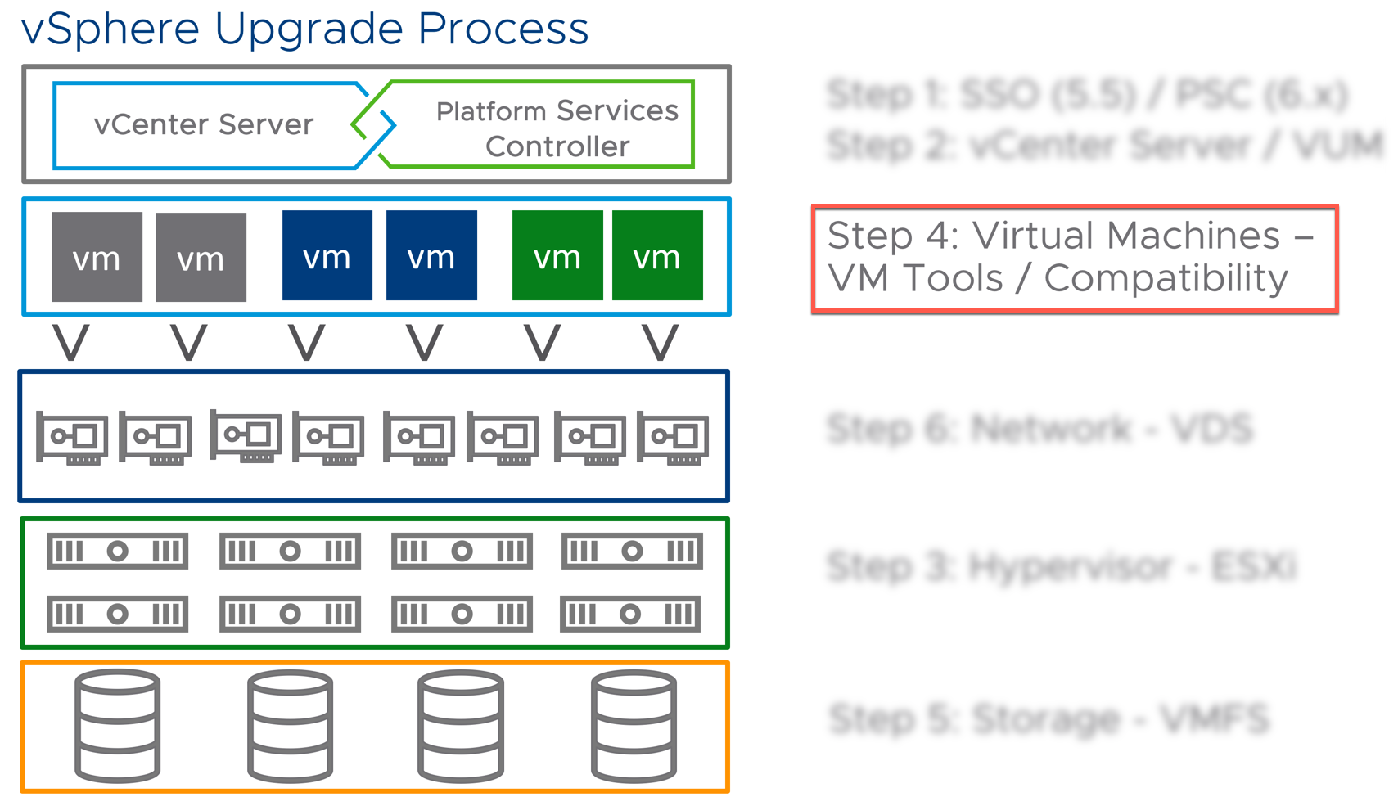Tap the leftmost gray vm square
97,257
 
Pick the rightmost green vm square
657,255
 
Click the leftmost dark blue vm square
327,255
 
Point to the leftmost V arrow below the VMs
71,342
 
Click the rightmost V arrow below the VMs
660,342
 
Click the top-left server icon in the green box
118,551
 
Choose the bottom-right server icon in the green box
630,614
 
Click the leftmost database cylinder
118,725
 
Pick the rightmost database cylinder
634,725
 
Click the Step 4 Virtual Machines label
1074,258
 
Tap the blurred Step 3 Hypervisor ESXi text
1062,566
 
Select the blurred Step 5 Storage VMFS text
1048,719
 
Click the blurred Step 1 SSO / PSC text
1087,95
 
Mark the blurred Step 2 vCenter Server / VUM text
1105,146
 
